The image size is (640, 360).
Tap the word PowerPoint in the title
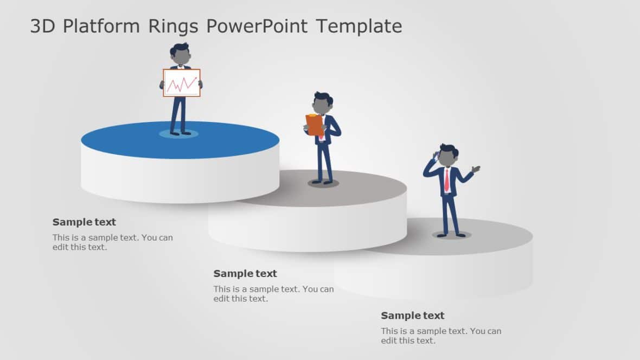point(270,26)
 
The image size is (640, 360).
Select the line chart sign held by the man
point(182,83)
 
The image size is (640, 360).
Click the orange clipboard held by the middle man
point(315,125)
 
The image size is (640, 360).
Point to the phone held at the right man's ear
point(436,156)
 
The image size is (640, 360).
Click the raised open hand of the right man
point(476,169)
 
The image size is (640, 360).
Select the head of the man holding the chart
point(180,55)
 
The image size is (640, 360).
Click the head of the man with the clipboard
point(322,105)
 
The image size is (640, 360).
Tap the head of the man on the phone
point(447,156)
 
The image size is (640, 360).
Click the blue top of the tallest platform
point(228,141)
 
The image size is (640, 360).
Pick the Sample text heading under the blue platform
point(84,222)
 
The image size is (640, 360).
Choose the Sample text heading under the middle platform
point(245,273)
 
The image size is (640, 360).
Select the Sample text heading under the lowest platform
point(412,316)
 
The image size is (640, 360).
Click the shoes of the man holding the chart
point(180,132)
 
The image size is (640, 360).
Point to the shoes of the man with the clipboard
point(323,182)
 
